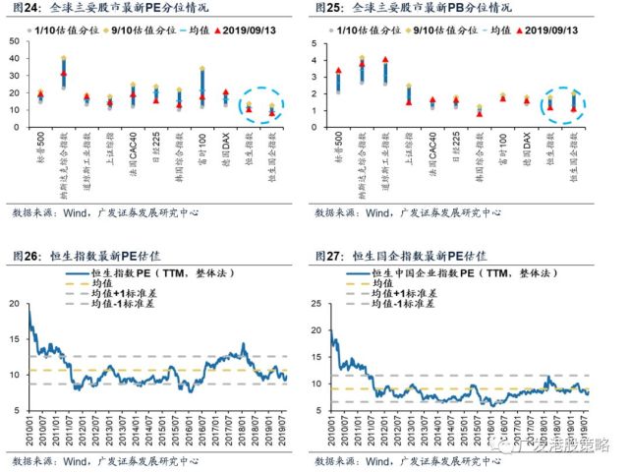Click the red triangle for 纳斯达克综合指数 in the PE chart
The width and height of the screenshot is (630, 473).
(x=63, y=74)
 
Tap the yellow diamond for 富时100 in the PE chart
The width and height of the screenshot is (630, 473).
(x=202, y=70)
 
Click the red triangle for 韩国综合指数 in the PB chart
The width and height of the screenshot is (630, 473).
(x=480, y=112)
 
